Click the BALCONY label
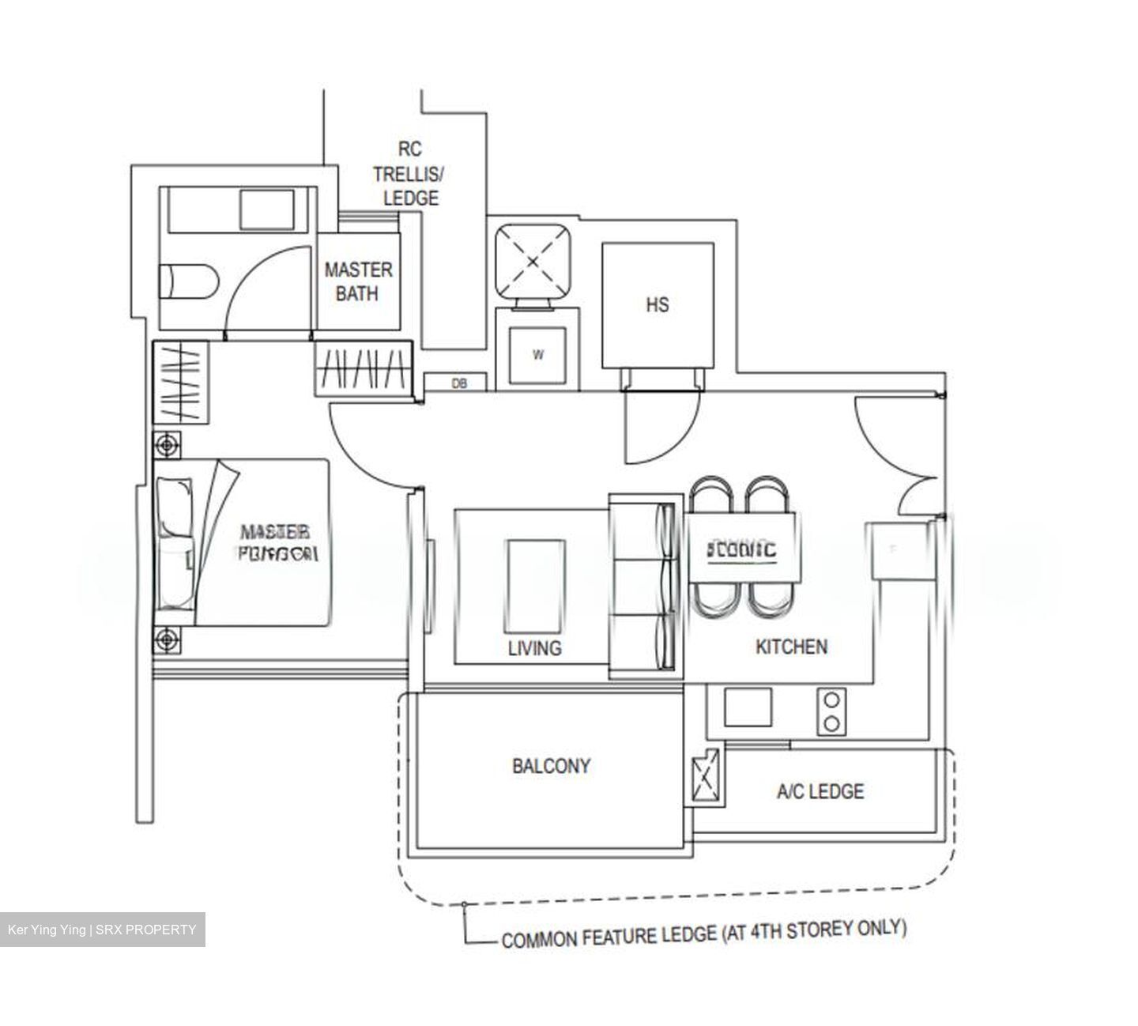click(551, 766)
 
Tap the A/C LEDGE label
click(820, 791)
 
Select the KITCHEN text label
click(791, 647)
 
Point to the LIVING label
click(534, 648)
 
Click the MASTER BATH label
click(358, 281)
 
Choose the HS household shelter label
click(657, 304)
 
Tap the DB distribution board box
click(459, 383)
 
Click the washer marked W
click(537, 355)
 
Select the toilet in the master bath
click(187, 282)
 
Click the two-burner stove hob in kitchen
click(831, 711)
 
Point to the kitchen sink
click(748, 707)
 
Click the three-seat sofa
click(644, 586)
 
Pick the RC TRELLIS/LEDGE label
click(409, 173)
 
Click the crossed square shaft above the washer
click(533, 262)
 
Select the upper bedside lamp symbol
click(167, 446)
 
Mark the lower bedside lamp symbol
click(167, 639)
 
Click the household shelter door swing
click(660, 427)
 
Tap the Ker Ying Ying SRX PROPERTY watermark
click(102, 930)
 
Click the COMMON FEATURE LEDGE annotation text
click(703, 934)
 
